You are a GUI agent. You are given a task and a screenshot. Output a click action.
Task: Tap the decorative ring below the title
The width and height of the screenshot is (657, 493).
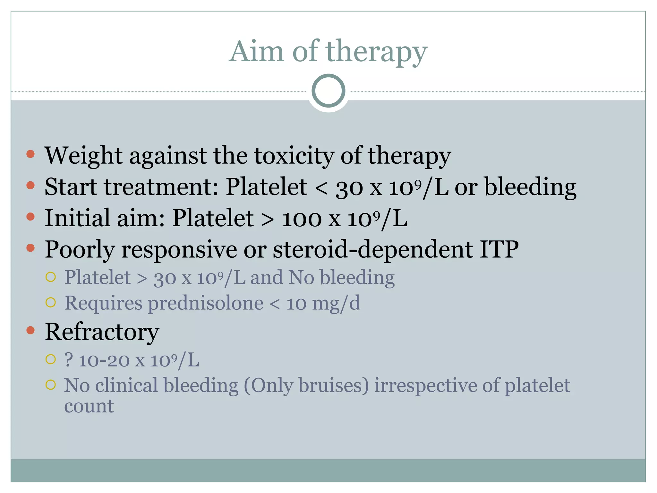(x=328, y=91)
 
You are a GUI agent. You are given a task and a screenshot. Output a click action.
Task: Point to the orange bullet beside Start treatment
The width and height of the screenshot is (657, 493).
(x=30, y=185)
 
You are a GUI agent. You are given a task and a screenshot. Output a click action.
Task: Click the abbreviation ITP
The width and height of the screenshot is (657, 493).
(x=499, y=249)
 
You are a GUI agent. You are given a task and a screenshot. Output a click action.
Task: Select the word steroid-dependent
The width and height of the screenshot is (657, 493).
(x=372, y=249)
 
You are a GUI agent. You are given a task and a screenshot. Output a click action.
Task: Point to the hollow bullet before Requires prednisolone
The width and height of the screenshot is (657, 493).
(x=51, y=302)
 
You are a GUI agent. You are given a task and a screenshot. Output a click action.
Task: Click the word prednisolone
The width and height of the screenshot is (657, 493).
(x=205, y=303)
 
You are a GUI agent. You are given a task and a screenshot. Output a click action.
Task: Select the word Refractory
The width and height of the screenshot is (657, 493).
(x=102, y=332)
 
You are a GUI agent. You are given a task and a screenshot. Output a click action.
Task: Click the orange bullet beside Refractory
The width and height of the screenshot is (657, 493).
(x=30, y=330)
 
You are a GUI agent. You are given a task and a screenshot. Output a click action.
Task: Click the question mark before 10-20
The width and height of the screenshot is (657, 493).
(x=68, y=360)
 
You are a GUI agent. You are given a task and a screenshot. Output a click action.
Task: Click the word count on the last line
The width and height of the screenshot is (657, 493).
(x=89, y=407)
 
